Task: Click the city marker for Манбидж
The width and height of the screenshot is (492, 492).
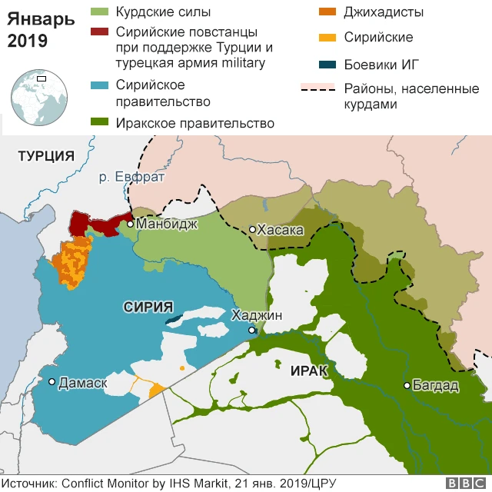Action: point(131,224)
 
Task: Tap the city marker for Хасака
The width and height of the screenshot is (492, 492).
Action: point(252,230)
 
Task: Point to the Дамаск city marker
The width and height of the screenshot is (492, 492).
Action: point(52,381)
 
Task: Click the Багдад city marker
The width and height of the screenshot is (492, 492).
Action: point(407,385)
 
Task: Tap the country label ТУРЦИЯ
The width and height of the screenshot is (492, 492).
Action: point(45,156)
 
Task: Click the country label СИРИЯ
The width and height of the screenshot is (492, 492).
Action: point(148,307)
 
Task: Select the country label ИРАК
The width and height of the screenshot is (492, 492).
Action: point(310,371)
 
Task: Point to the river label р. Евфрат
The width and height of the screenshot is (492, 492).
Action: point(132,178)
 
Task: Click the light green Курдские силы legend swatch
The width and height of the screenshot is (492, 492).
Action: point(100,12)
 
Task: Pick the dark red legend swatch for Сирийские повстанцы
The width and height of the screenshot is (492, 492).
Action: point(100,32)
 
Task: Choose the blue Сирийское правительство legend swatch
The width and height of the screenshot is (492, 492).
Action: point(100,85)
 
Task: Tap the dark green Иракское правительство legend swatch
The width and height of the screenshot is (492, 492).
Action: point(100,122)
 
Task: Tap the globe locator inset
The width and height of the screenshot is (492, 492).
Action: point(37,97)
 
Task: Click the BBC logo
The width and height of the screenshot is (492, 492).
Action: point(464,483)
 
